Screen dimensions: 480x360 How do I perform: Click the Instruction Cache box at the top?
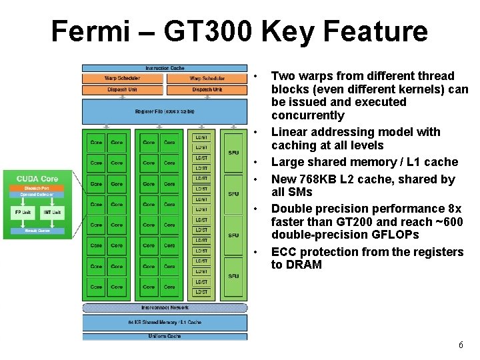[x=165, y=68]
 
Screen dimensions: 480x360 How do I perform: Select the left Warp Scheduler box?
[x=122, y=79]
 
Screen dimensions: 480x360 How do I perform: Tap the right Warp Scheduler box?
[x=207, y=79]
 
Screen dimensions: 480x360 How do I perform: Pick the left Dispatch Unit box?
[x=122, y=89]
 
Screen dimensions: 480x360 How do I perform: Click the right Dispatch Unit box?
[x=207, y=89]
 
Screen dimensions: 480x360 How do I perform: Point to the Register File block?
[x=165, y=111]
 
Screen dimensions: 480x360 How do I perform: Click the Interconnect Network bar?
[x=165, y=308]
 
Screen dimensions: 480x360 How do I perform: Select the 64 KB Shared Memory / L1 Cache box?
[x=165, y=322]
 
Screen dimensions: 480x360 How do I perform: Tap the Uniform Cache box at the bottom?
[x=165, y=336]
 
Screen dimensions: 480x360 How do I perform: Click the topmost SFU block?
[x=233, y=153]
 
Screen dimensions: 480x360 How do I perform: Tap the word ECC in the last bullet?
[x=283, y=252]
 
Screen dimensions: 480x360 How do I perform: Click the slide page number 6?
[x=461, y=345]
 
